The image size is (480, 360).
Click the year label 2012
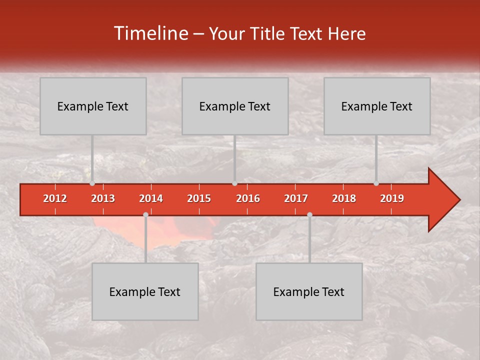point(55,198)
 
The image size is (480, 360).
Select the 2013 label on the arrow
point(103,198)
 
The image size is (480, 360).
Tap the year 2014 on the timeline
point(151,198)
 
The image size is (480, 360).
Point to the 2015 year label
point(199,198)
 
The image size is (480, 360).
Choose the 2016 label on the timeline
point(248,198)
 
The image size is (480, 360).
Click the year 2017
point(296,198)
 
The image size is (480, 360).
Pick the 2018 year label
point(344,198)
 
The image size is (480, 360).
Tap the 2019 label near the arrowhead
point(392,198)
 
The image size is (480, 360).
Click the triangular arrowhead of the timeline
point(442,200)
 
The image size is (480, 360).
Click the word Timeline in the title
point(149,33)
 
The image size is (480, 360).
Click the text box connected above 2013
point(93,106)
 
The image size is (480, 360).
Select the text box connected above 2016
point(235,106)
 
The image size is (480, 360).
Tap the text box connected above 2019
point(377,106)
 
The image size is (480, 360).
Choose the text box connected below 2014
point(145,291)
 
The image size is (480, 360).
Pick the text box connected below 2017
point(309,291)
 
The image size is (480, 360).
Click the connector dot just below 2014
point(145,214)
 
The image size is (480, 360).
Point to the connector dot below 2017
point(309,214)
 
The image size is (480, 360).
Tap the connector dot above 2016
point(234,183)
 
